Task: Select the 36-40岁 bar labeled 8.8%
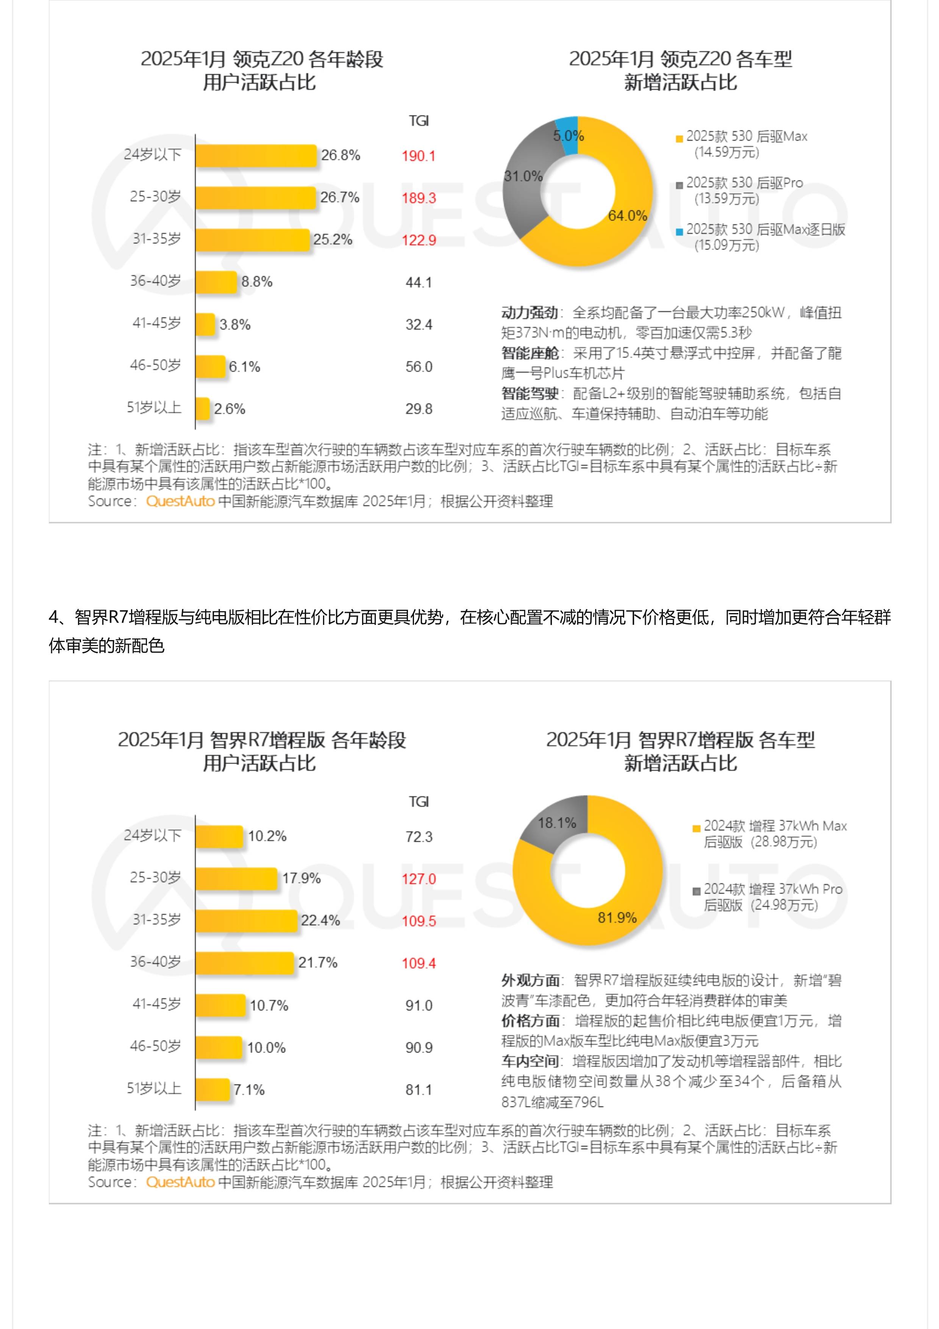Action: click(216, 282)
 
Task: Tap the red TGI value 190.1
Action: click(418, 156)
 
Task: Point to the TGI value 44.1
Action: click(418, 282)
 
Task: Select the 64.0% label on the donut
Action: click(627, 216)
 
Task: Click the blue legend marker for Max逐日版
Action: click(679, 232)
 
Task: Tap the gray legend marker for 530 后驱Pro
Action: click(679, 185)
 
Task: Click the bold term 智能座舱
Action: click(530, 353)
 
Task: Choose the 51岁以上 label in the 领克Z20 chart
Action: click(154, 407)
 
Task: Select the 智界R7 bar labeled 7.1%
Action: click(212, 1089)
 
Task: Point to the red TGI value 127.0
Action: click(418, 879)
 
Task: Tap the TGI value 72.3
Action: click(418, 836)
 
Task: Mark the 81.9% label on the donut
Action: click(617, 917)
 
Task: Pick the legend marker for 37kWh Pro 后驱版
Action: click(697, 891)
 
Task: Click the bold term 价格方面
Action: click(530, 1021)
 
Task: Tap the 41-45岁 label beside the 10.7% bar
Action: click(156, 1004)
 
